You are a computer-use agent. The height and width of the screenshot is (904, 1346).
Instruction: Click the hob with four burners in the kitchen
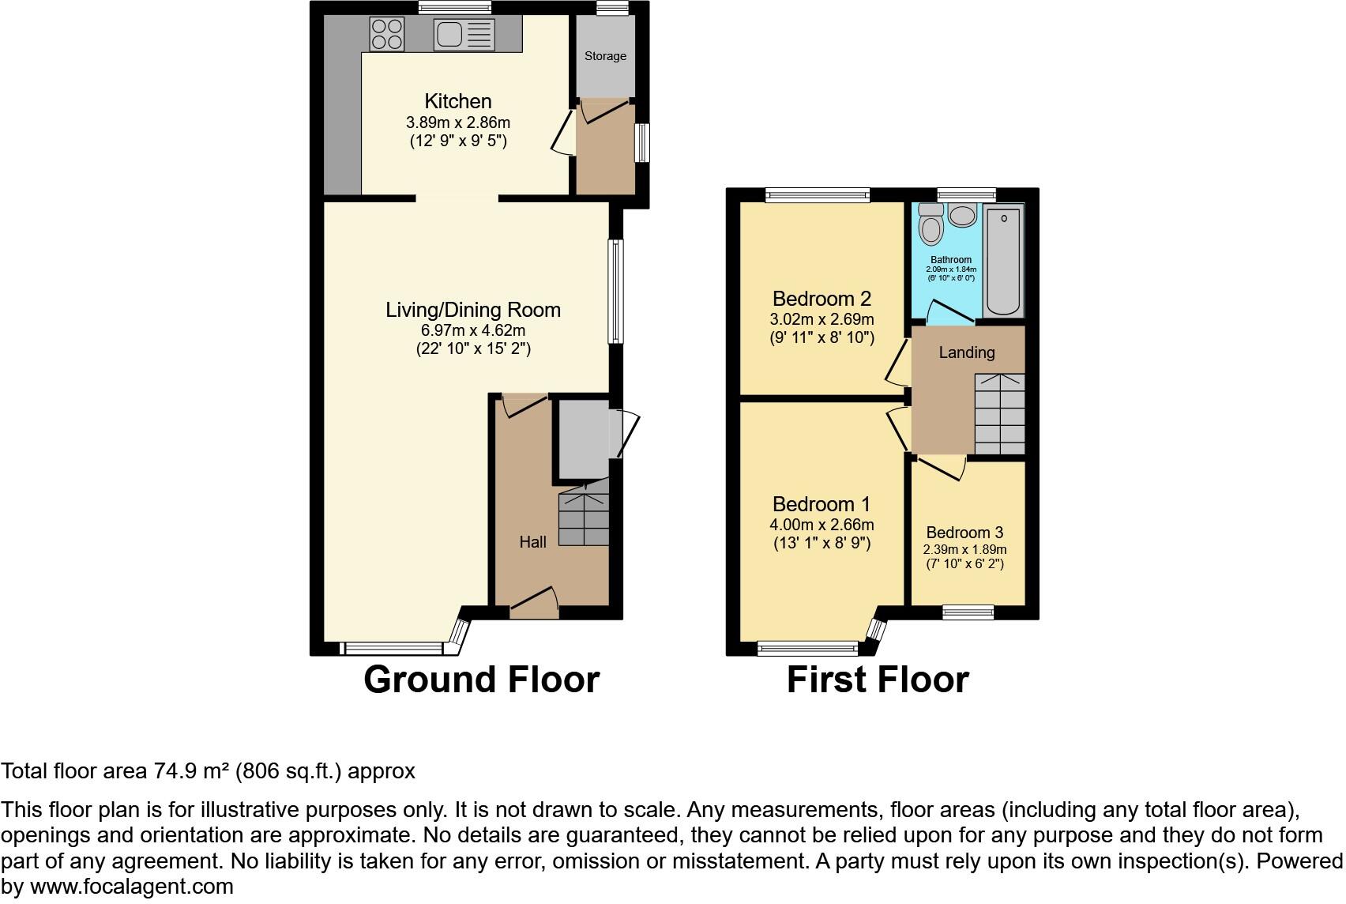tap(387, 34)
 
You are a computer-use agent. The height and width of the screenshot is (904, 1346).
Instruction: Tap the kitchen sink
tap(464, 35)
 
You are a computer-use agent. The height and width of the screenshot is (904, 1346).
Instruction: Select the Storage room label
tap(605, 56)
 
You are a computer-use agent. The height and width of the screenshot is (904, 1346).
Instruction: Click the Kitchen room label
tap(458, 101)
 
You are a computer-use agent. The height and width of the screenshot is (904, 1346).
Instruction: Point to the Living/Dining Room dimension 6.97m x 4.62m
tap(473, 330)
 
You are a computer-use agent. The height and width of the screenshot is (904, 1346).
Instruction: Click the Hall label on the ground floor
tap(532, 542)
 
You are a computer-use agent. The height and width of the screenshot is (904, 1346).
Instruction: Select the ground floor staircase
tap(584, 517)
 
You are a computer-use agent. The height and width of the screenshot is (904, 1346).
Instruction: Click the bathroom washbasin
tap(962, 215)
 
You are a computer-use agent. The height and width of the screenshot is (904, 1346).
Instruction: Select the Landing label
tap(966, 352)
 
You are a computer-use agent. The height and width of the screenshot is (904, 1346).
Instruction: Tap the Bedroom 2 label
tap(822, 299)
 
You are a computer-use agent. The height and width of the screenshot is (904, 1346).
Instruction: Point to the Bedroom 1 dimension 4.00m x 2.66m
tap(822, 525)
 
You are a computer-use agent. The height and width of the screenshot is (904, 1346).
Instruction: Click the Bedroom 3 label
tap(964, 533)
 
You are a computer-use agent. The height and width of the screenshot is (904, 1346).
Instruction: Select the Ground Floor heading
tap(481, 680)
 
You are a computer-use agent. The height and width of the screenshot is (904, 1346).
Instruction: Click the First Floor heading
tap(877, 680)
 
